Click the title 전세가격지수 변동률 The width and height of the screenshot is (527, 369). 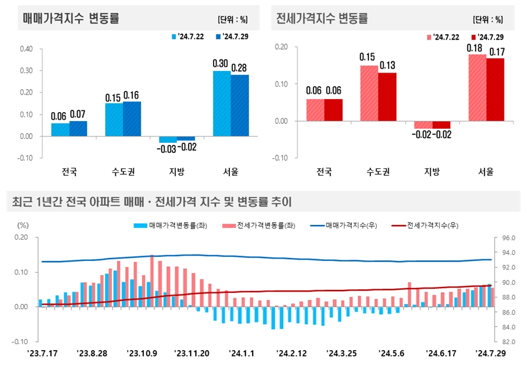point(322,18)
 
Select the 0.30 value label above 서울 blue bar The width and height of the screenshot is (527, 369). point(221,63)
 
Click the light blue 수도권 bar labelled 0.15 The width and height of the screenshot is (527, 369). point(114,120)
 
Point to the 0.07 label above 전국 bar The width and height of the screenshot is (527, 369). point(78,113)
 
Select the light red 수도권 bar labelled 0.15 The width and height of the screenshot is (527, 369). point(369,93)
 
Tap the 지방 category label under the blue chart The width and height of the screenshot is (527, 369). point(176,173)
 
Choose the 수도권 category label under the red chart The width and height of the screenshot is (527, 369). point(378,173)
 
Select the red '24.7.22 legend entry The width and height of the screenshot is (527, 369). point(443,37)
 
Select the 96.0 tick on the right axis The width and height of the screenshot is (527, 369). point(509,238)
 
